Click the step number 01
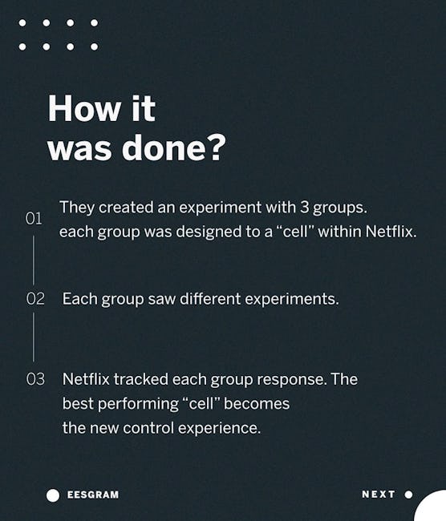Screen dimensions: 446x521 [x=34, y=218]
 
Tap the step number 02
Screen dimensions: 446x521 [x=35, y=298]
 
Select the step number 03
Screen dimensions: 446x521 [x=35, y=379]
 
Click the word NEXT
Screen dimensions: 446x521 [x=379, y=495]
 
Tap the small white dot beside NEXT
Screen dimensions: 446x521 [x=409, y=495]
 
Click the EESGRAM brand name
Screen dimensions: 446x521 [x=93, y=495]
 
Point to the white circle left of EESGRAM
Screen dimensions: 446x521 [x=53, y=495]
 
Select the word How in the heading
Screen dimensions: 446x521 [x=83, y=108]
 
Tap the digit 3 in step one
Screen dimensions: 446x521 [x=305, y=208]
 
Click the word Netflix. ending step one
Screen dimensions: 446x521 [x=391, y=232]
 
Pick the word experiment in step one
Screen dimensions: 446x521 [x=220, y=208]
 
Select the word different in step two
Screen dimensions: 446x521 [x=210, y=298]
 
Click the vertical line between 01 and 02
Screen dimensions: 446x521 [x=33, y=260]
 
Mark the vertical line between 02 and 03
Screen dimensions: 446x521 [x=33, y=337]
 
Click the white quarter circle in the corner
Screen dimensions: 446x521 [x=433, y=508]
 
